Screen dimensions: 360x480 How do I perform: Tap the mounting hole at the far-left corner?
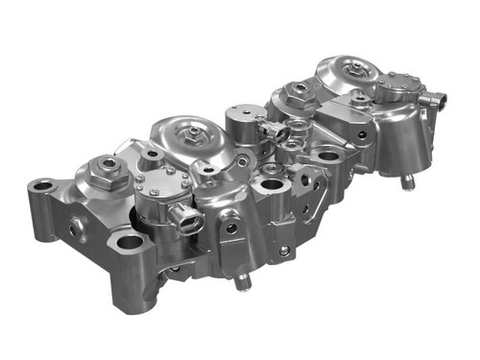41,185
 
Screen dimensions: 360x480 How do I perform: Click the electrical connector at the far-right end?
436,98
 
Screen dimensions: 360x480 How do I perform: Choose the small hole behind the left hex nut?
153,154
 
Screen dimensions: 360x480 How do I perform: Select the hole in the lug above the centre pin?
231,228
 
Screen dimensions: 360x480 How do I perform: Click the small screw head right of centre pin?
284,252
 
